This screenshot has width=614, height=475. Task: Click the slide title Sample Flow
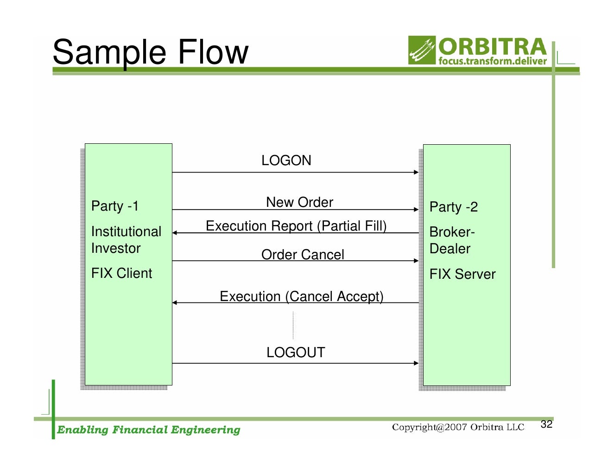[150, 52]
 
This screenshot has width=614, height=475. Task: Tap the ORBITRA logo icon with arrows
[422, 50]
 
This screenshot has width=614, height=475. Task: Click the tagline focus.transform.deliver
[493, 61]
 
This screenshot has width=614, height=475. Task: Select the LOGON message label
[286, 160]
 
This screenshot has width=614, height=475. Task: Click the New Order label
[299, 202]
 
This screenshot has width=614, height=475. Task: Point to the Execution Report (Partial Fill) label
[296, 226]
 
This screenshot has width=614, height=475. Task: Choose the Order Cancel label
[303, 255]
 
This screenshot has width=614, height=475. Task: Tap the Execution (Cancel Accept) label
[301, 296]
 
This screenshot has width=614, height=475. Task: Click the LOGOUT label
[296, 353]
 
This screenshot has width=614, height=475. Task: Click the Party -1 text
[115, 206]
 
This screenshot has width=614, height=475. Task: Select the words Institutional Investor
[126, 240]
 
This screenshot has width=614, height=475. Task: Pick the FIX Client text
[121, 273]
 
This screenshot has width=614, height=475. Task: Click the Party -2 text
[453, 207]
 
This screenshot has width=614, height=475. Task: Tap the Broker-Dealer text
[451, 240]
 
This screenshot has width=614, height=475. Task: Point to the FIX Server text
[462, 274]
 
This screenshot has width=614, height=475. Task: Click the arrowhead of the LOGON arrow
[416, 173]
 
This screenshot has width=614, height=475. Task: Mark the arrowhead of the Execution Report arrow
[175, 233]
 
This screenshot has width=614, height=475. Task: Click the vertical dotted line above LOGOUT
[293, 326]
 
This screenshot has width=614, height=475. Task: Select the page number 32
[546, 424]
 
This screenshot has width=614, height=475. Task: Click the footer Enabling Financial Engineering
[148, 430]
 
